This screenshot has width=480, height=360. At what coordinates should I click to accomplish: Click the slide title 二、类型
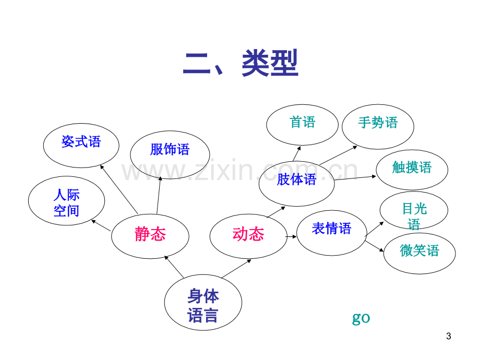(x=241, y=63)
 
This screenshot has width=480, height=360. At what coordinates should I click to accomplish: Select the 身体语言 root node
(x=203, y=302)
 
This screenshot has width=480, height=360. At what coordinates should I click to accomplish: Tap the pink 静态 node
(x=150, y=236)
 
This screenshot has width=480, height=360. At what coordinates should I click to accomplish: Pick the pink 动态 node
(x=248, y=236)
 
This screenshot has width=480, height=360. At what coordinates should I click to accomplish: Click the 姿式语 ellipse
(x=81, y=146)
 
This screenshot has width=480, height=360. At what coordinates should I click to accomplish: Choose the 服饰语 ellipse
(x=170, y=154)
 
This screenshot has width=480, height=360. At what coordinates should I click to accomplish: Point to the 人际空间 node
(x=66, y=200)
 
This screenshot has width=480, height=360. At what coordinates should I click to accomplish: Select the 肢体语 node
(x=296, y=183)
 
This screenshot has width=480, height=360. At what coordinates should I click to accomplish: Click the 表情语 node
(x=331, y=233)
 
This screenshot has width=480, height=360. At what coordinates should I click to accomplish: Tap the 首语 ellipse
(x=302, y=125)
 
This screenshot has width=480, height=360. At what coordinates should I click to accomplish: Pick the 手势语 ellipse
(x=378, y=126)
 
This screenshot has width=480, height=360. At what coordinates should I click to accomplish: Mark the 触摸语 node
(x=412, y=170)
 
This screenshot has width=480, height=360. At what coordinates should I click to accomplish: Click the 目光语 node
(x=414, y=210)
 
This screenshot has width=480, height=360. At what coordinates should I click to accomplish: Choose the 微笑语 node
(x=419, y=253)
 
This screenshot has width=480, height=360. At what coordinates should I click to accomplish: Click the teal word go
(x=361, y=318)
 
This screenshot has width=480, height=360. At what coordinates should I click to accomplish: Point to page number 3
(x=449, y=336)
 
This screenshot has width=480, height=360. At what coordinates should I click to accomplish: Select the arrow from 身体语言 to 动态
(x=236, y=269)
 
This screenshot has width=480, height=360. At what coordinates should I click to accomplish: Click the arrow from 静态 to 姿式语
(x=119, y=189)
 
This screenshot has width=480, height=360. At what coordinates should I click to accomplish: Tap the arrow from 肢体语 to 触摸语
(x=355, y=178)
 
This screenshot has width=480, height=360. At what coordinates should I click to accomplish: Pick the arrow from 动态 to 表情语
(x=291, y=237)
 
